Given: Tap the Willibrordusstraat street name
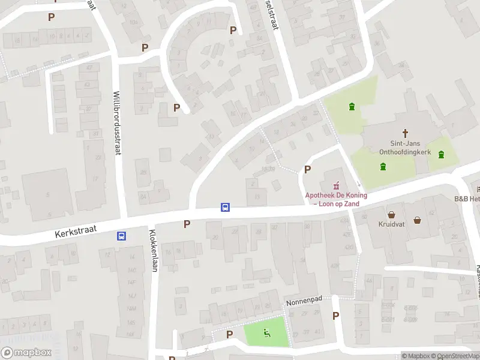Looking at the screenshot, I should [x=117, y=123].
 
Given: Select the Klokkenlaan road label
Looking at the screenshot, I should [x=153, y=251].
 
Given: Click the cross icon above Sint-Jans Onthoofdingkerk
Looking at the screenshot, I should [x=406, y=133].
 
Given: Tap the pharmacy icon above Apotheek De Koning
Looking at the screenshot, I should [x=336, y=184].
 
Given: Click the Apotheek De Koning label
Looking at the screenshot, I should [x=336, y=199].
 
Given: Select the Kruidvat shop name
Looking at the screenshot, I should [x=391, y=224].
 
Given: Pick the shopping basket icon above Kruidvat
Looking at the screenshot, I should [x=392, y=214].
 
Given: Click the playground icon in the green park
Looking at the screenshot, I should [x=266, y=333].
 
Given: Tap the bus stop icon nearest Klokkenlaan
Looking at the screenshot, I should [x=122, y=236].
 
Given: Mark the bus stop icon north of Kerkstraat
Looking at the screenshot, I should [x=226, y=207].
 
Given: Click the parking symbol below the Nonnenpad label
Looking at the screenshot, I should [x=335, y=316].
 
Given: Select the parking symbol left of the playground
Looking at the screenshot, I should [x=229, y=334].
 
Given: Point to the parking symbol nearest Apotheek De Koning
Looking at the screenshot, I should [x=308, y=170].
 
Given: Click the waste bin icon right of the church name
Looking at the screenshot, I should [x=442, y=154].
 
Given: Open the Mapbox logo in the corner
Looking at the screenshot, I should [x=26, y=353].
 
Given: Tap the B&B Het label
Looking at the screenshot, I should [x=467, y=199].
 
